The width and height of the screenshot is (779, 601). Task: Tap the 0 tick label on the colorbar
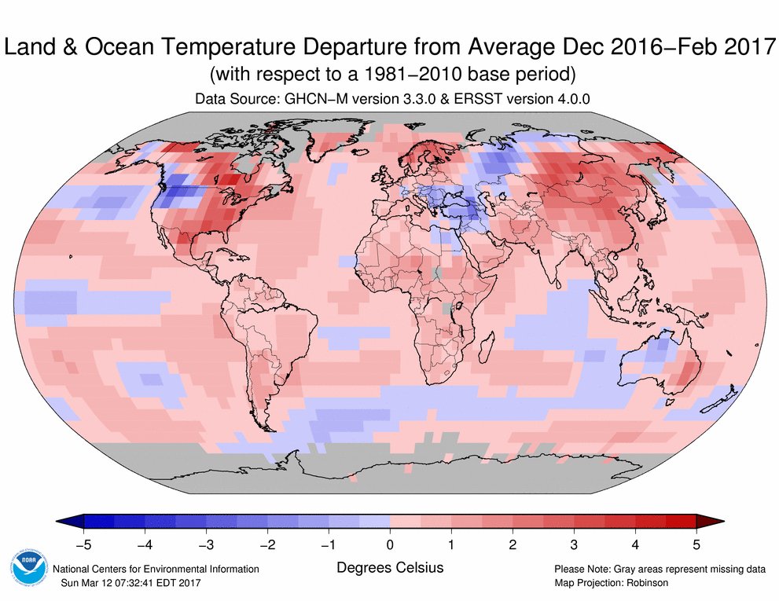click(390, 543)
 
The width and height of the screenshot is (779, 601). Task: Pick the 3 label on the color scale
click(574, 543)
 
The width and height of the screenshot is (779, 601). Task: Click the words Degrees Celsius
click(390, 566)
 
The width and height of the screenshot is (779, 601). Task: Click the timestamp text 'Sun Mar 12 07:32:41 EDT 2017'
click(130, 583)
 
